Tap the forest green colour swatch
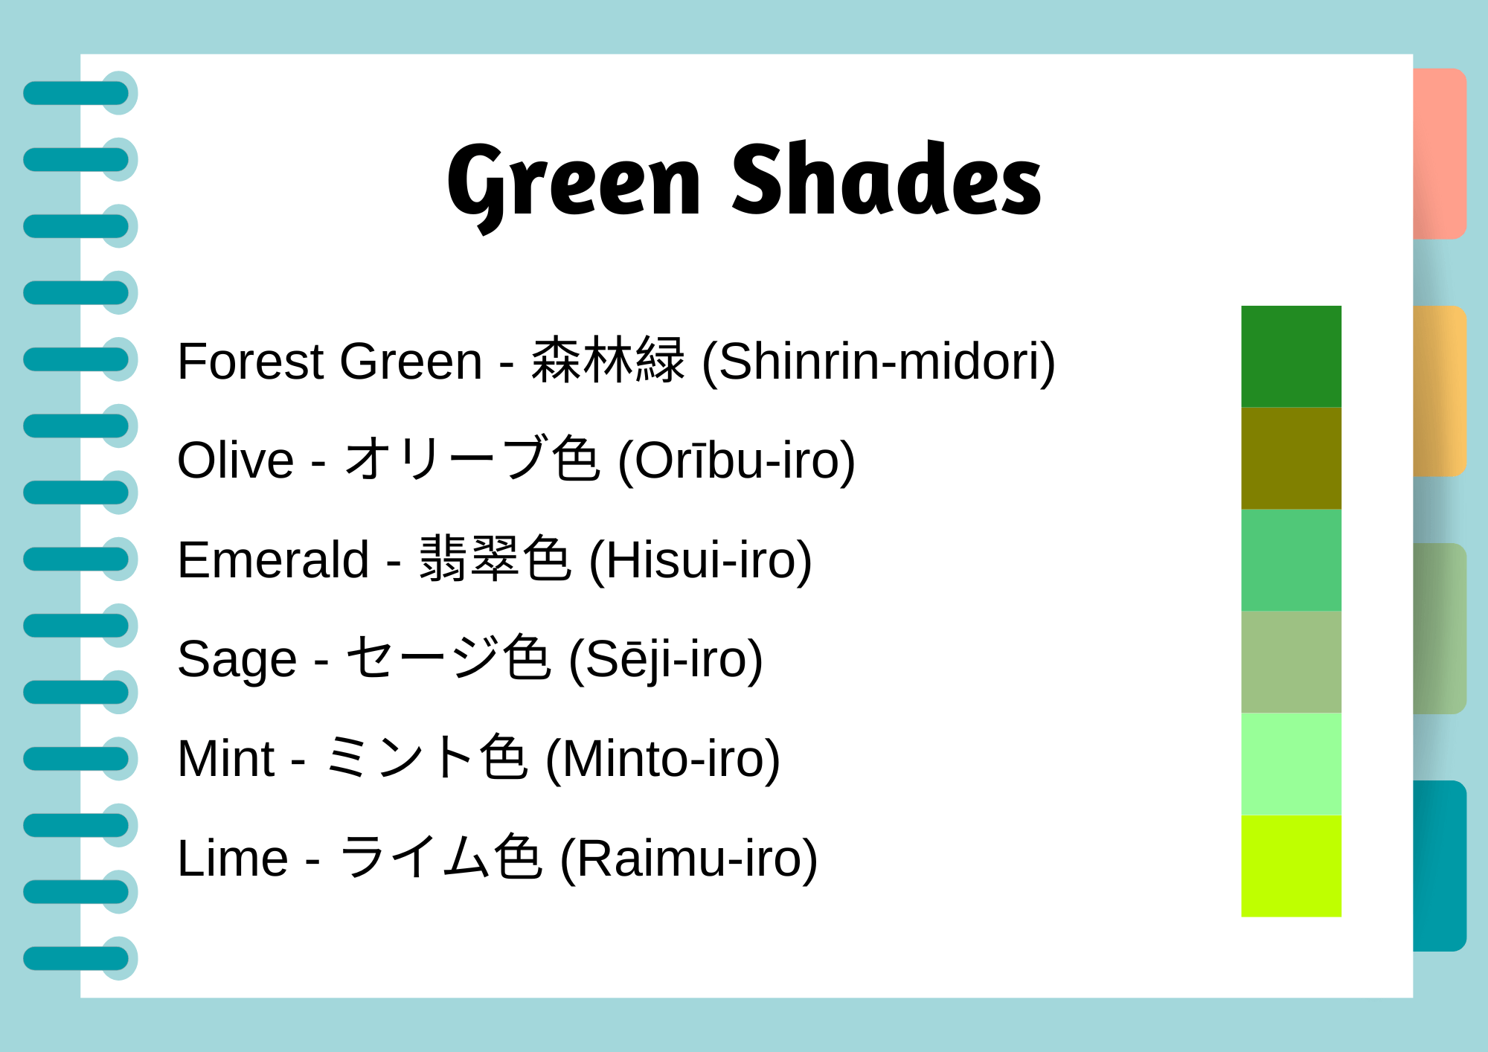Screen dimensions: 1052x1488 1291,356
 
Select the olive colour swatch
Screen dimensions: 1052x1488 1291,458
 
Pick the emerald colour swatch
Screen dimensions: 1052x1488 1291,560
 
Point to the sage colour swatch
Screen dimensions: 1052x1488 1291,662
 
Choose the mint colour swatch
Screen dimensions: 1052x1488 1291,764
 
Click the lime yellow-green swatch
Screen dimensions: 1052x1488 1291,866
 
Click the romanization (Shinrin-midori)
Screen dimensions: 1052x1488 879,362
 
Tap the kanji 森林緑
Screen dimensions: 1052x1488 608,361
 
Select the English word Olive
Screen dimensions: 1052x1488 235,461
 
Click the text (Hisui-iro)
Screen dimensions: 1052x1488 700,560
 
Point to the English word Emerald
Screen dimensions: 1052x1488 273,560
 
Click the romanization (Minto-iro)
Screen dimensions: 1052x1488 663,759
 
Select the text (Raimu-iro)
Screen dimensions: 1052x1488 688,859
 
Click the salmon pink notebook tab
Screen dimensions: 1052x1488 1439,153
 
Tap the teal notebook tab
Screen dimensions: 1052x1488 1439,865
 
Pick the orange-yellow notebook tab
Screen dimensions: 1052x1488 1439,391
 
